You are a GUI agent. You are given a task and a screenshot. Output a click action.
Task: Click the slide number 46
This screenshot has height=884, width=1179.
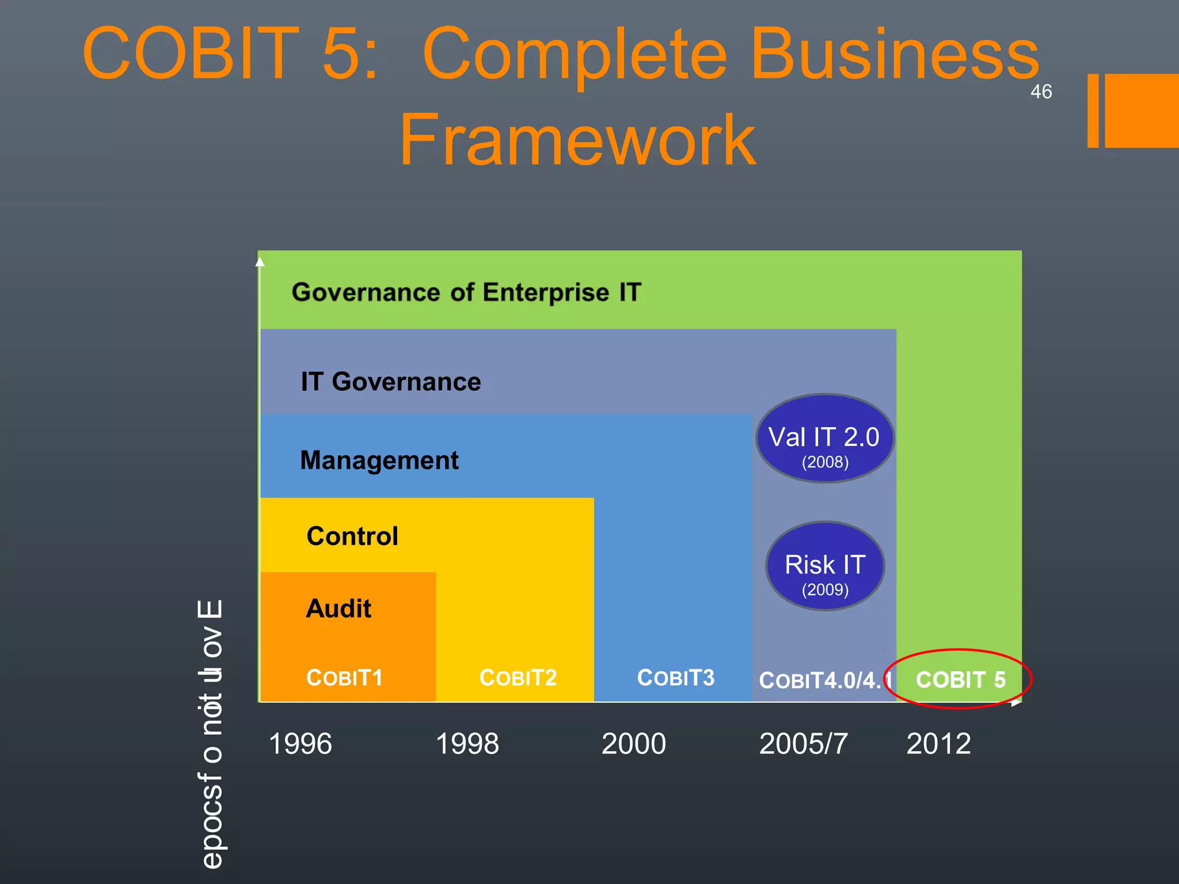[1041, 92]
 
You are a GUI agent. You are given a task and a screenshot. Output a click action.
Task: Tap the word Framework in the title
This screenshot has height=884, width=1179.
[577, 140]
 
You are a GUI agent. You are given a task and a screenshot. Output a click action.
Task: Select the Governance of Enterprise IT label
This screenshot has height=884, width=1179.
[466, 292]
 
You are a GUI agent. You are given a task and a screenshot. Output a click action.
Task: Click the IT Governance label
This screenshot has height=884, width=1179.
[391, 382]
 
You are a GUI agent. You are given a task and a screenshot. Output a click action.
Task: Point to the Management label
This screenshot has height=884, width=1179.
[379, 460]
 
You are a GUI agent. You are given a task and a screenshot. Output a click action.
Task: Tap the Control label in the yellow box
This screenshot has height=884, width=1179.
[352, 536]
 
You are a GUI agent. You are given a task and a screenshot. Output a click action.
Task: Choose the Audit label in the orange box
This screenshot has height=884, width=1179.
[339, 609]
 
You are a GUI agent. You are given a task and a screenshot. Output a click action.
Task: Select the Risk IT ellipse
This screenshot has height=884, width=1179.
[825, 566]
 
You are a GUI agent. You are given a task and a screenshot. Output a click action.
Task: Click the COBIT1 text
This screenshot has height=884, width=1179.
[344, 678]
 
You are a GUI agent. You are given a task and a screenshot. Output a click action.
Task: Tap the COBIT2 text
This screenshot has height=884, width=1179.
[518, 678]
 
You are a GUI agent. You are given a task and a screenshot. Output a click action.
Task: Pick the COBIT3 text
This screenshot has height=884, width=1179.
[676, 678]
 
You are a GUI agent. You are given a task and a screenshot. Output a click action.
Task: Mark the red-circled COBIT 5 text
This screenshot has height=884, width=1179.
[960, 680]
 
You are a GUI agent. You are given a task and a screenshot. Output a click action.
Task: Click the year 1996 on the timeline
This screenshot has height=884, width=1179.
[301, 744]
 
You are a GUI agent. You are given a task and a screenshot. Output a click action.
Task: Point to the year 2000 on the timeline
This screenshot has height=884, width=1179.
[634, 744]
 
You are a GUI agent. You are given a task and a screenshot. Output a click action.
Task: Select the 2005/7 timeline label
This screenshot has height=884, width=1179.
[804, 744]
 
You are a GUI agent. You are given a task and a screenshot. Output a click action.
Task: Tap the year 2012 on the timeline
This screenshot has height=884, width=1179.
[939, 744]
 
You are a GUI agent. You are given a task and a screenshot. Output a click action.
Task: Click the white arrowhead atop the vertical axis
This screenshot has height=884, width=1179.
[260, 262]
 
